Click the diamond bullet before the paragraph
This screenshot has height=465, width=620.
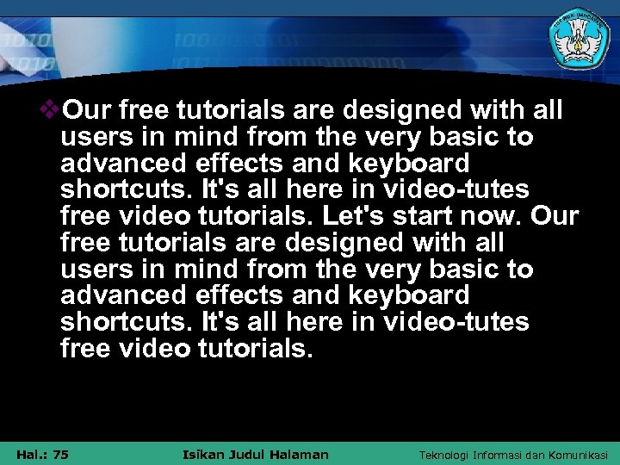tap(53, 110)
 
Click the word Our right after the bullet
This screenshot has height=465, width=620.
tap(89, 111)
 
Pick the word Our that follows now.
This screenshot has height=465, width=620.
tap(555, 216)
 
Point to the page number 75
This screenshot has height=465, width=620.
tap(60, 455)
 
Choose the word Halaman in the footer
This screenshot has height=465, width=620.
tap(301, 455)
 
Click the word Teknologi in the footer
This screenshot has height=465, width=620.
tap(448, 455)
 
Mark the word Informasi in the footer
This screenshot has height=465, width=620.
tap(507, 455)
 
